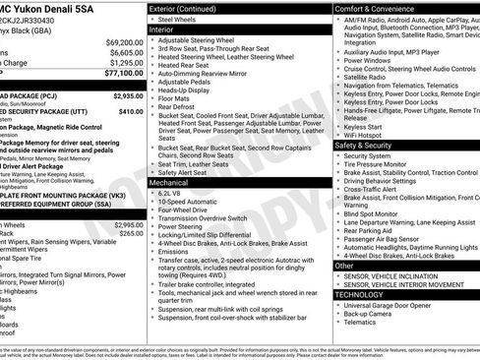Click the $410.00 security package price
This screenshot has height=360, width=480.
pyautogui.click(x=131, y=112)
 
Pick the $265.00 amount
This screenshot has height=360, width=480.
pyautogui.click(x=131, y=233)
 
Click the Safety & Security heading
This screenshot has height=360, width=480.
pyautogui.click(x=363, y=144)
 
